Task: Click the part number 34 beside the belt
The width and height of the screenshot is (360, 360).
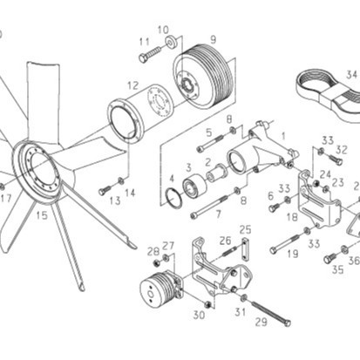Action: coord(351,74)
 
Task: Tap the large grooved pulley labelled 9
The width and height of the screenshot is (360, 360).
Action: coord(204,77)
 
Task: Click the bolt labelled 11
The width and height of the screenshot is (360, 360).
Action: coord(150,54)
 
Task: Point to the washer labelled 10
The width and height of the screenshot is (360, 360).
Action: coord(172,42)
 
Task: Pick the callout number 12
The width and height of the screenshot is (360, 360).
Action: coord(133,85)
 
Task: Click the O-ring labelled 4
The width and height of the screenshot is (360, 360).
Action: coord(173,198)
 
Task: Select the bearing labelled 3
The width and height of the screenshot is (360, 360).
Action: coord(194,187)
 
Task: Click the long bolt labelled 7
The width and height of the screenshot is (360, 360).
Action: coord(210,207)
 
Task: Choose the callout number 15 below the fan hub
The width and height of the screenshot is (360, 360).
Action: coord(41,215)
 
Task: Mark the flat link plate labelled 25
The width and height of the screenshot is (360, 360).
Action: coord(245,249)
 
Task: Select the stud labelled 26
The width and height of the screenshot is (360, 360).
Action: coord(230,250)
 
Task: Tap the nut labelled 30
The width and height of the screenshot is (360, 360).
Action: coord(208,304)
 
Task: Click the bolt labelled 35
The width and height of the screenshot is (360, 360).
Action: coord(330,257)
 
